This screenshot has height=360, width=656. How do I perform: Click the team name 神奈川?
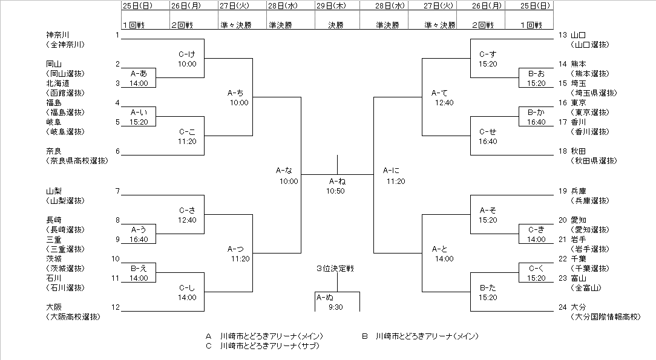(x=59, y=34)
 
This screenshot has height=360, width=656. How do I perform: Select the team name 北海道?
(x=59, y=83)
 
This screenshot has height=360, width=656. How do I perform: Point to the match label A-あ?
(x=139, y=73)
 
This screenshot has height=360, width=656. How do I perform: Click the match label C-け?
(x=187, y=54)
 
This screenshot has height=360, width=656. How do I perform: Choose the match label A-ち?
(x=236, y=93)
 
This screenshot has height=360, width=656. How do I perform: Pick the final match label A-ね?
(x=337, y=181)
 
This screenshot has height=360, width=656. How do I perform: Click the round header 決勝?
(x=336, y=25)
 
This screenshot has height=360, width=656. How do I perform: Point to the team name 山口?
(x=579, y=35)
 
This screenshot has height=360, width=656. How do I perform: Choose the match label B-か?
(x=536, y=112)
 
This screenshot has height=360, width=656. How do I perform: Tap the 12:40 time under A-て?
(x=444, y=103)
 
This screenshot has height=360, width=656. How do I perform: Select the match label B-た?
(x=488, y=287)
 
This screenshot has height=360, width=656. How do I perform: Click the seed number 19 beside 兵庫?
(x=563, y=191)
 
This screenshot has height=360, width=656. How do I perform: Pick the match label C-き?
(x=536, y=229)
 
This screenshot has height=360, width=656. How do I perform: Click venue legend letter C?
(x=208, y=345)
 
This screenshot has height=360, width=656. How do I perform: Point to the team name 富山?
(x=579, y=278)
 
